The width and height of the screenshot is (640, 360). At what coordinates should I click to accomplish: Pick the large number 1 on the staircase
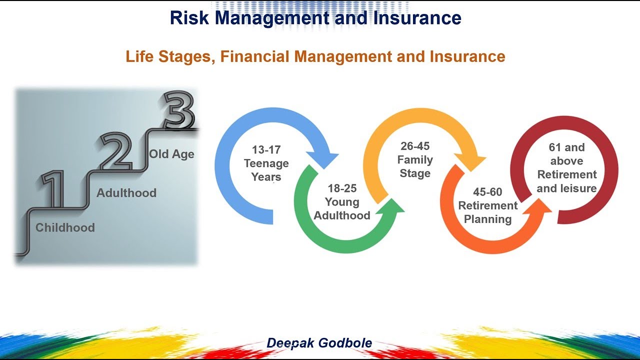(x=53, y=190)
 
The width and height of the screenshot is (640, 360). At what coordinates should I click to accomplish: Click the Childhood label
(x=65, y=227)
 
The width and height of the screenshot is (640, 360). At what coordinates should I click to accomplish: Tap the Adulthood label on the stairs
(x=126, y=193)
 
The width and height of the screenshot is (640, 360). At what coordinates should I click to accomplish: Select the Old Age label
(x=171, y=154)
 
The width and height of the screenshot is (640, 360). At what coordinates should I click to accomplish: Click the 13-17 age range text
(x=266, y=150)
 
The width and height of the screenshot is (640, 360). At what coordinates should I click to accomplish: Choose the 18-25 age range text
(x=342, y=188)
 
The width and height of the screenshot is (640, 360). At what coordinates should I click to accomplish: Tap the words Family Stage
(x=415, y=167)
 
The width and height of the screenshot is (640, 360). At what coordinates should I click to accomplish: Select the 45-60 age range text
(x=487, y=192)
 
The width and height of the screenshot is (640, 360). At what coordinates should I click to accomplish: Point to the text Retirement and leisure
(x=566, y=181)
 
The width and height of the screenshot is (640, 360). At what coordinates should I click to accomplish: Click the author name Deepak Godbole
(x=319, y=343)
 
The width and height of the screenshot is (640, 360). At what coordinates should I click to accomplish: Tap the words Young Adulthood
(x=342, y=209)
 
